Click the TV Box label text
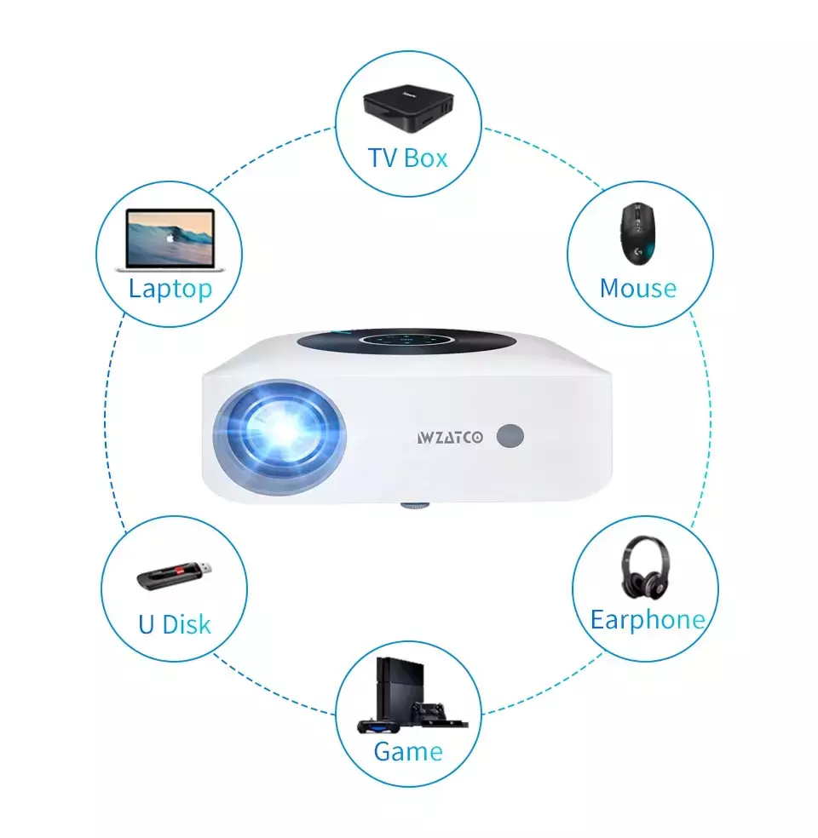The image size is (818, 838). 407,158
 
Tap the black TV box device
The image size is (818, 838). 408,107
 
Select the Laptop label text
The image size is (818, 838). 170,290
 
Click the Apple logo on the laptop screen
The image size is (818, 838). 170,238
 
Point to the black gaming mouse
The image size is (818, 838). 638,233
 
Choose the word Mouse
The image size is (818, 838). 638,289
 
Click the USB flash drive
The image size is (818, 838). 174,576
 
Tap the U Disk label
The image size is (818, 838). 175,624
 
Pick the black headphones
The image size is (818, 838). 645,567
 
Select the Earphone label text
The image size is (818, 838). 648,620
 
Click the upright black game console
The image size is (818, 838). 400,691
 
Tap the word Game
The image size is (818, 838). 408,751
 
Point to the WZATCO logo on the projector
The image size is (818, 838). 450,438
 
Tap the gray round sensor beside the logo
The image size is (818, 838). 510,436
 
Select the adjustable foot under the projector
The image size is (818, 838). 415,505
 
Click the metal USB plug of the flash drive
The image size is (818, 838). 204,569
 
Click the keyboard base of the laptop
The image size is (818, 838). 170,269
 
